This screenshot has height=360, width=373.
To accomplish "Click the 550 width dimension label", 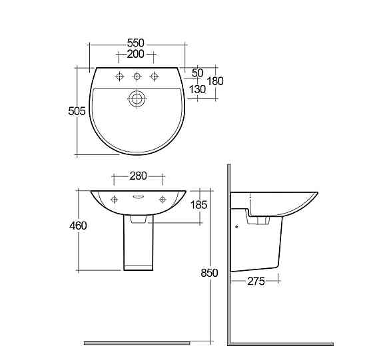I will click(x=136, y=42).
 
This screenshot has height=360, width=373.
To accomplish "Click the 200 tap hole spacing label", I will click(x=136, y=53).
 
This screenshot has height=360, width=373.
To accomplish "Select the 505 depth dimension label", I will click(x=78, y=112).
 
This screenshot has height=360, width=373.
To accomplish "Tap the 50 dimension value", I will click(x=197, y=72).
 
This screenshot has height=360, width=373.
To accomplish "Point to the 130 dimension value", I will click(x=197, y=89).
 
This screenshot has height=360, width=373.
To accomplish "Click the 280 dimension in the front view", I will click(x=137, y=176).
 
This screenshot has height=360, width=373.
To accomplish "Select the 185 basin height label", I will click(x=198, y=204).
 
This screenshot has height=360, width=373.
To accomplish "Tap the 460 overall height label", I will click(x=78, y=226).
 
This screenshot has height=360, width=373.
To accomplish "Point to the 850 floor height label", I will click(x=209, y=273).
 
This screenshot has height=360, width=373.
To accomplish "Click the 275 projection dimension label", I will click(x=255, y=281).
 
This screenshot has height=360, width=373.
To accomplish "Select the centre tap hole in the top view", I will click(x=137, y=75).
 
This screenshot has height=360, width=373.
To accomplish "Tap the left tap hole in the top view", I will click(x=121, y=75).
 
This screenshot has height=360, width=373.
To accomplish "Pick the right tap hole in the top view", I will click(x=154, y=75).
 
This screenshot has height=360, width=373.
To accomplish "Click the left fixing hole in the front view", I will click(x=114, y=199).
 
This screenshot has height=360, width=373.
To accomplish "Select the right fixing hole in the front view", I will click(x=161, y=199).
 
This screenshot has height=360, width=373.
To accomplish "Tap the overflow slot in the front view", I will click(x=137, y=197).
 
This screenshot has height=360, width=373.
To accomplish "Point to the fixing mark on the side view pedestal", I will click(x=237, y=226).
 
